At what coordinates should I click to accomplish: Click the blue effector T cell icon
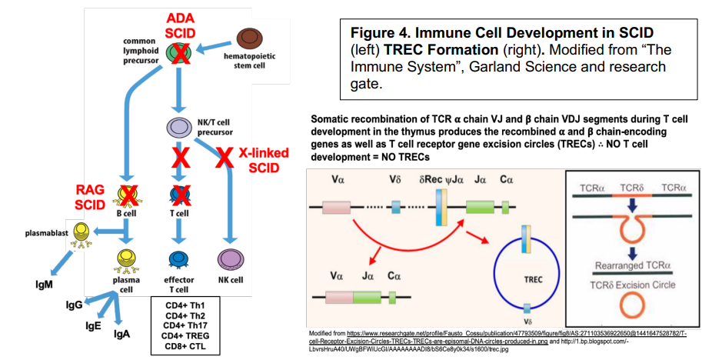pyautogui.click(x=179, y=259)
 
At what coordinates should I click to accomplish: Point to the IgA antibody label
pyautogui.click(x=122, y=334)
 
